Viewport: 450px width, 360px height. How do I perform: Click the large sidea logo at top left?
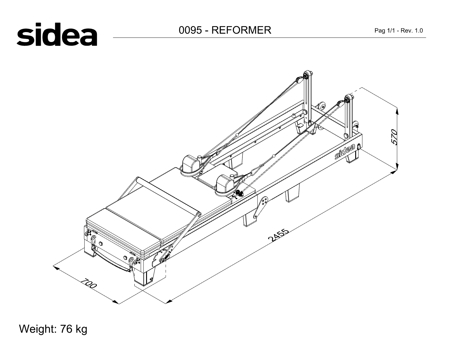(57, 34)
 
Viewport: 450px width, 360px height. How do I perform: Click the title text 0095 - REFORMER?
(225, 30)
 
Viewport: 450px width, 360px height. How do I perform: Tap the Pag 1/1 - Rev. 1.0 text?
(399, 31)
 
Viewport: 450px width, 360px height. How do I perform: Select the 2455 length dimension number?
(278, 235)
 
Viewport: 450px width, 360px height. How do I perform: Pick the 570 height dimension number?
(394, 137)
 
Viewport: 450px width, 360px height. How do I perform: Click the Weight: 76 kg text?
(53, 329)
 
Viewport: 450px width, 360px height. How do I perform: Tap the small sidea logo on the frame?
(345, 151)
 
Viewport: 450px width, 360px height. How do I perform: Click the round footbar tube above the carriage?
(168, 196)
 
